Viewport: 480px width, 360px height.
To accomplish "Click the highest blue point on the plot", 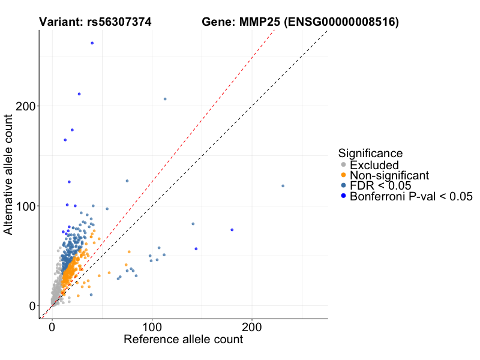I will pos(92,43).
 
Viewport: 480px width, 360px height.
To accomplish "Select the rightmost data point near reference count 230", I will pos(283,186).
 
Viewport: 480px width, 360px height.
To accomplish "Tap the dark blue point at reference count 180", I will pos(232,230).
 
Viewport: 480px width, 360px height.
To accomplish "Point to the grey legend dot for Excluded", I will pos(343,165).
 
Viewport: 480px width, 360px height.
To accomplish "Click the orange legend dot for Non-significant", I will pos(343,175).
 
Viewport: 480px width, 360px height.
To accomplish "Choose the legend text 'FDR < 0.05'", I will pos(377,186).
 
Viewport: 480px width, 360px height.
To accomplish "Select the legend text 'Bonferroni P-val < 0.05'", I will pos(412,196).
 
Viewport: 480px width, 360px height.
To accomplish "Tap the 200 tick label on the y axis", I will pos(22,106).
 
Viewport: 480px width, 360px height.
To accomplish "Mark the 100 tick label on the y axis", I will pos(22,206).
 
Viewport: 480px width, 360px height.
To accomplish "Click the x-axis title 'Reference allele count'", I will pos(183,340).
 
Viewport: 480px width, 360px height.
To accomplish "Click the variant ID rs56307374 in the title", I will pos(118,22).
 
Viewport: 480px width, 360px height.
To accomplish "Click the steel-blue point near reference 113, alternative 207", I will pos(165,99).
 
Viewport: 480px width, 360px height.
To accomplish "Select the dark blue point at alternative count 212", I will pos(79,94).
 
